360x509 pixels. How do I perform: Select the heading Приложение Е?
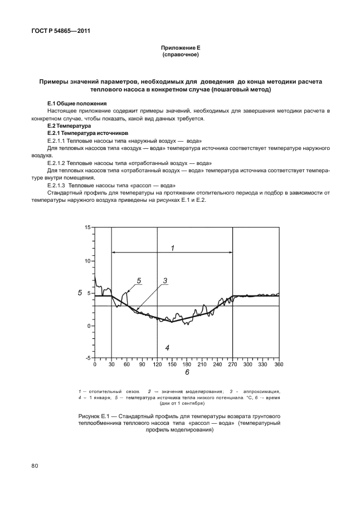(180, 50)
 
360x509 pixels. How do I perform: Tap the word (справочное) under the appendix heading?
(180, 56)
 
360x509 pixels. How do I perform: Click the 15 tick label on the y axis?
(87, 228)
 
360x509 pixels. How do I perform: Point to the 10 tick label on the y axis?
(87, 260)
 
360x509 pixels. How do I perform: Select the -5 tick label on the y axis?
(87, 358)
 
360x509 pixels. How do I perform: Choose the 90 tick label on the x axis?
(141, 365)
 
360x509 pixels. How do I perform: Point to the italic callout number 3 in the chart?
(165, 281)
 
